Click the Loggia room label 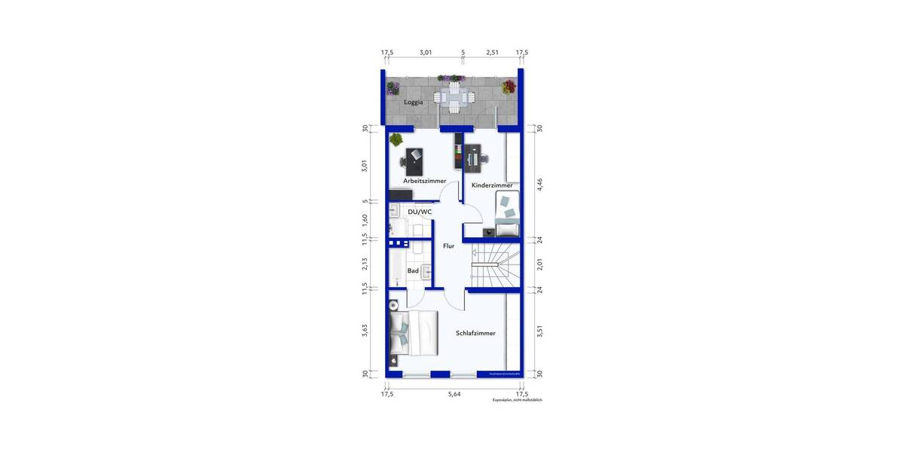coord(413,102)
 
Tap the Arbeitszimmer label coord(424,181)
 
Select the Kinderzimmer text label coord(492,185)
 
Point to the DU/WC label coord(420,212)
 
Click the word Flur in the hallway coord(448,246)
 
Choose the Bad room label coord(413,270)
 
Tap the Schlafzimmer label coord(475,332)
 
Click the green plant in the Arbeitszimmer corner coord(395,139)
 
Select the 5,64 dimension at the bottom coord(454,393)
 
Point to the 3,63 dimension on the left coord(365,332)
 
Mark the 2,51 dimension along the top coord(492,53)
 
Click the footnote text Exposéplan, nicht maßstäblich coord(517,400)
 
